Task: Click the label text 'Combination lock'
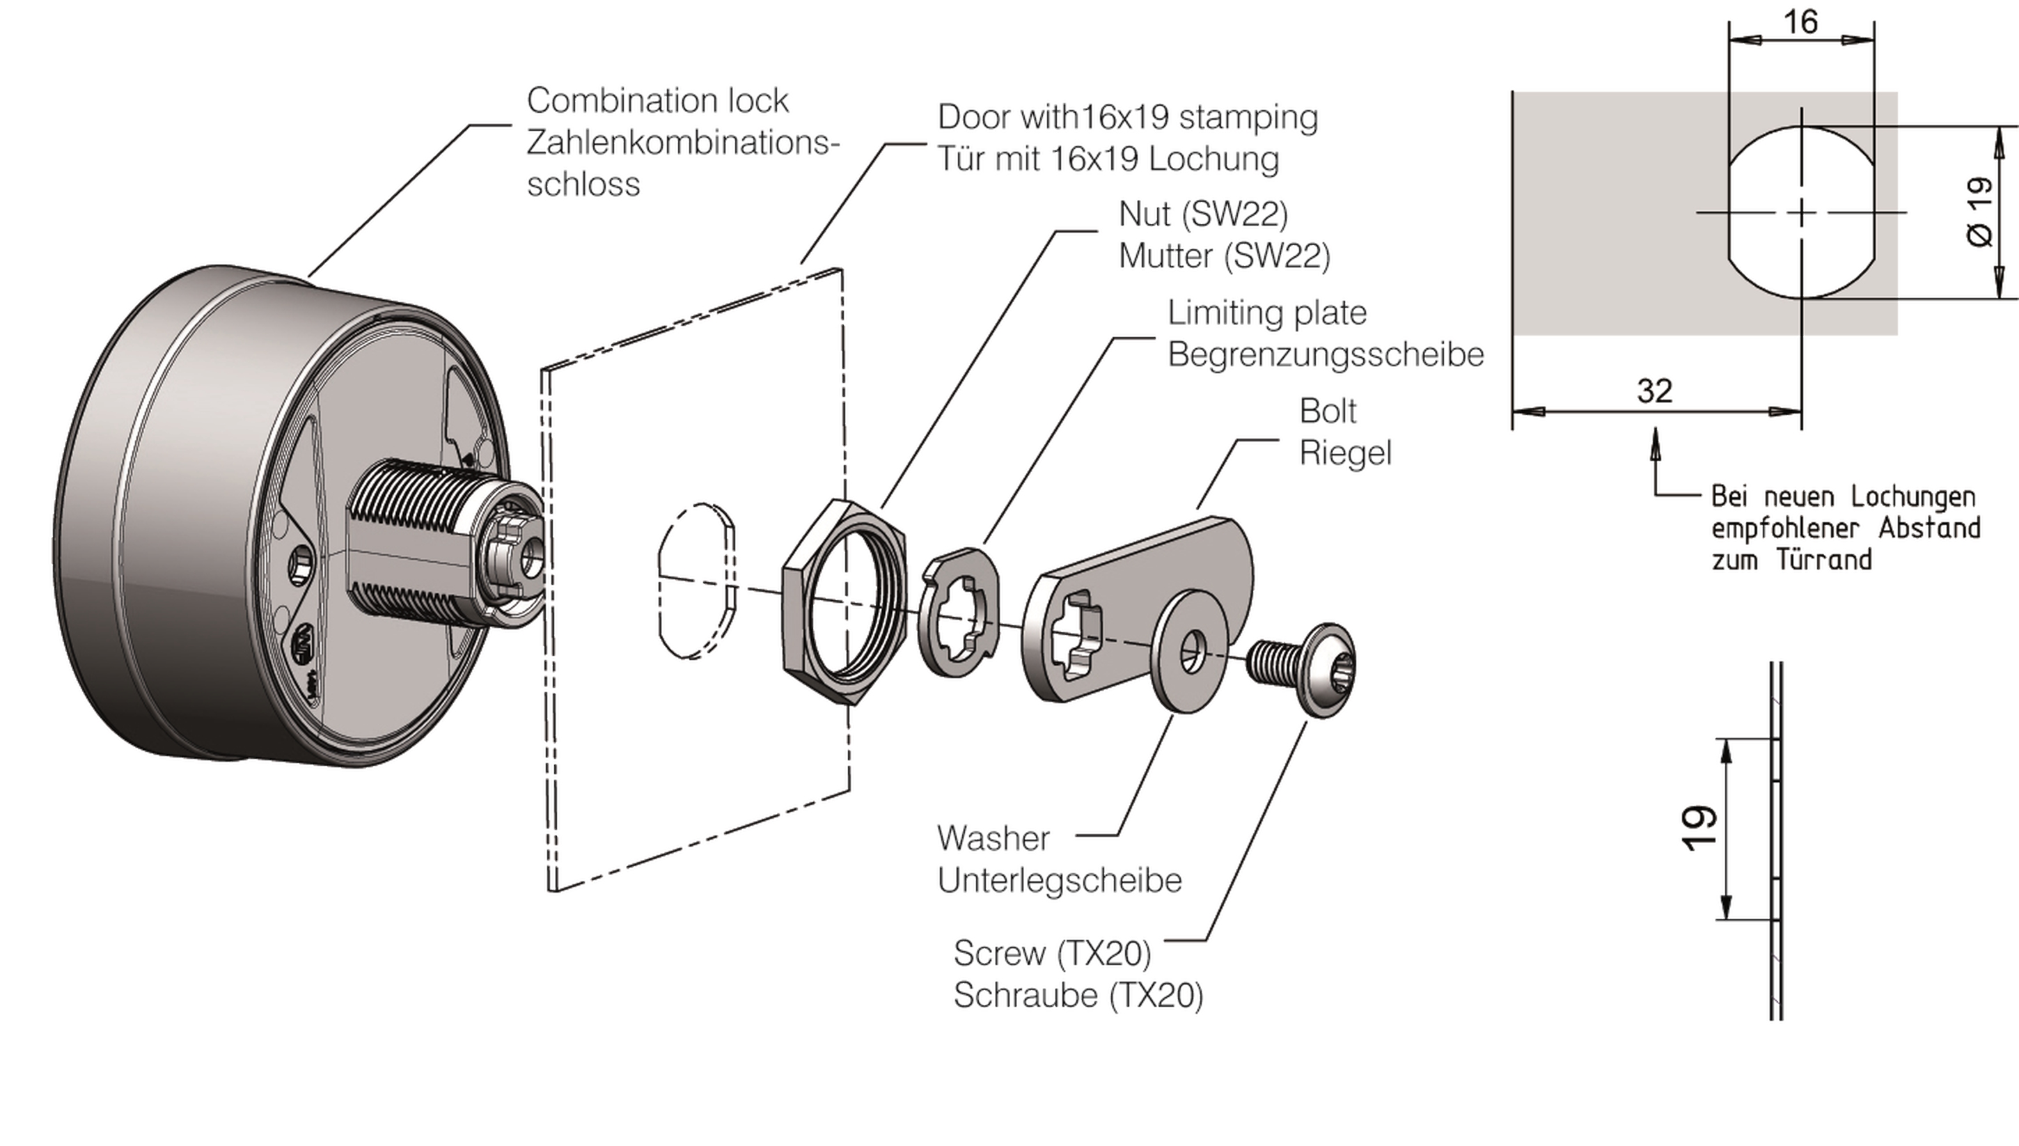click(657, 101)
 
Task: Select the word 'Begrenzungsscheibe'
click(1325, 355)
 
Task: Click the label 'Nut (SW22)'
click(1203, 214)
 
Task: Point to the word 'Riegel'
click(1344, 453)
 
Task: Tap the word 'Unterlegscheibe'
click(1059, 881)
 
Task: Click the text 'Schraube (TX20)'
click(1078, 996)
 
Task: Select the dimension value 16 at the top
click(1800, 22)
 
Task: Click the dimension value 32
click(1654, 391)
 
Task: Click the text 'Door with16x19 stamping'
click(1126, 117)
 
